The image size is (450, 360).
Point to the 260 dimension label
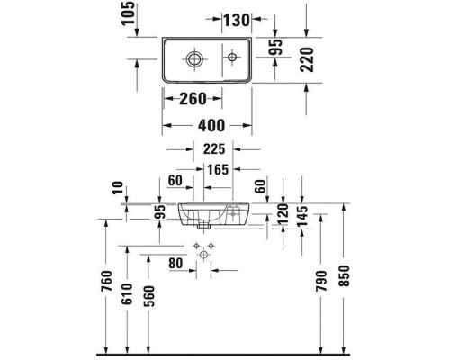point(192,98)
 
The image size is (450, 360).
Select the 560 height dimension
point(150,297)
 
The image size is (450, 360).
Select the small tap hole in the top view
point(232,59)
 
